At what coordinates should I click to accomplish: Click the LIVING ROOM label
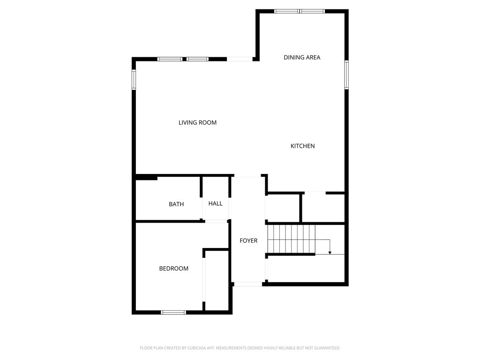(x=197, y=123)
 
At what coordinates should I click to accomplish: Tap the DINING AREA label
(x=302, y=58)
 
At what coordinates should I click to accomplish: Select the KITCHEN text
(x=302, y=146)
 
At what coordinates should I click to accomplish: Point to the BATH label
(x=176, y=204)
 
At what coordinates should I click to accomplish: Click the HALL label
(x=216, y=203)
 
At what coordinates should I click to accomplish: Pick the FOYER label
(x=248, y=241)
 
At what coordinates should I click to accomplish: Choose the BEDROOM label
(x=173, y=269)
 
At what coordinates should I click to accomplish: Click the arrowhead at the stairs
(x=330, y=253)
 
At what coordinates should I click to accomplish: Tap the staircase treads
(x=291, y=239)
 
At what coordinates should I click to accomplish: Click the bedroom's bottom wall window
(x=173, y=312)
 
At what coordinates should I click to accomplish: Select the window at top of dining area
(x=300, y=11)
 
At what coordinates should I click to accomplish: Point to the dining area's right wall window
(x=346, y=75)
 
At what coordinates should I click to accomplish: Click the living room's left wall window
(x=134, y=80)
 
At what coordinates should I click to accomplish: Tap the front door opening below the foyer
(x=248, y=284)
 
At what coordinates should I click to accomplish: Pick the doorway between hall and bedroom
(x=216, y=221)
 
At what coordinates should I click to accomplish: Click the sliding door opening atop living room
(x=240, y=59)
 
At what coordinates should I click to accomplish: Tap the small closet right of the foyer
(x=283, y=207)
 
